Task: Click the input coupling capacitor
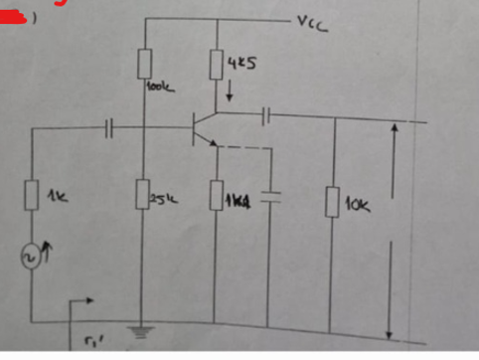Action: point(111,126)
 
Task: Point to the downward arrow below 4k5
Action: point(231,95)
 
